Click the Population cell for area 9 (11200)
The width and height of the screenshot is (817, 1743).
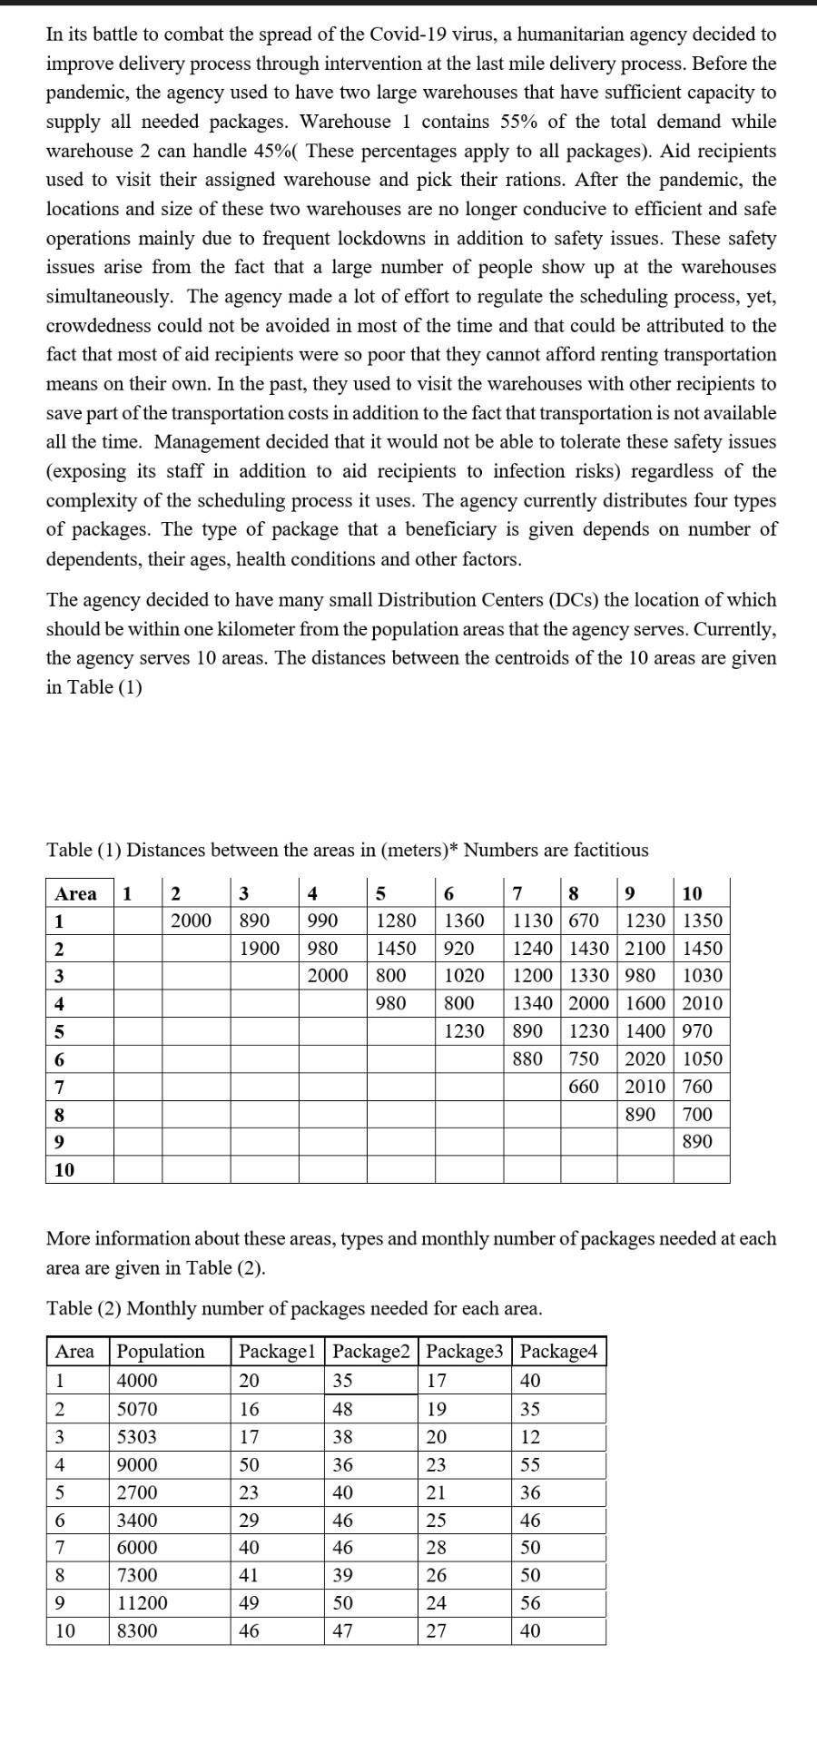[x=143, y=1603]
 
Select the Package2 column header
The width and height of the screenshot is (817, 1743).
[x=372, y=1351]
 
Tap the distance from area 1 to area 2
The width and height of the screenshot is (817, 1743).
[x=192, y=921]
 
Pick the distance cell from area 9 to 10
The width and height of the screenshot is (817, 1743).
[x=697, y=1141]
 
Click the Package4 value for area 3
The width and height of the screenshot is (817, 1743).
[x=530, y=1437]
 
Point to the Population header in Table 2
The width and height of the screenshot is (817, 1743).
[x=161, y=1351]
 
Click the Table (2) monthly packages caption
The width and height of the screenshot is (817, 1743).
[x=294, y=1308]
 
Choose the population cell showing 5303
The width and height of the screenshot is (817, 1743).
[x=137, y=1437]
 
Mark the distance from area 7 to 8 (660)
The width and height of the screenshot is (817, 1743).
[x=584, y=1086]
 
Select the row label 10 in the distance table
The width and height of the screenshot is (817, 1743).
[x=64, y=1169]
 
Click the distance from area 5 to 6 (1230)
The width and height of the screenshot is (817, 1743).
[x=464, y=1030]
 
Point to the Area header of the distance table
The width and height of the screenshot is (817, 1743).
[x=75, y=893]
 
